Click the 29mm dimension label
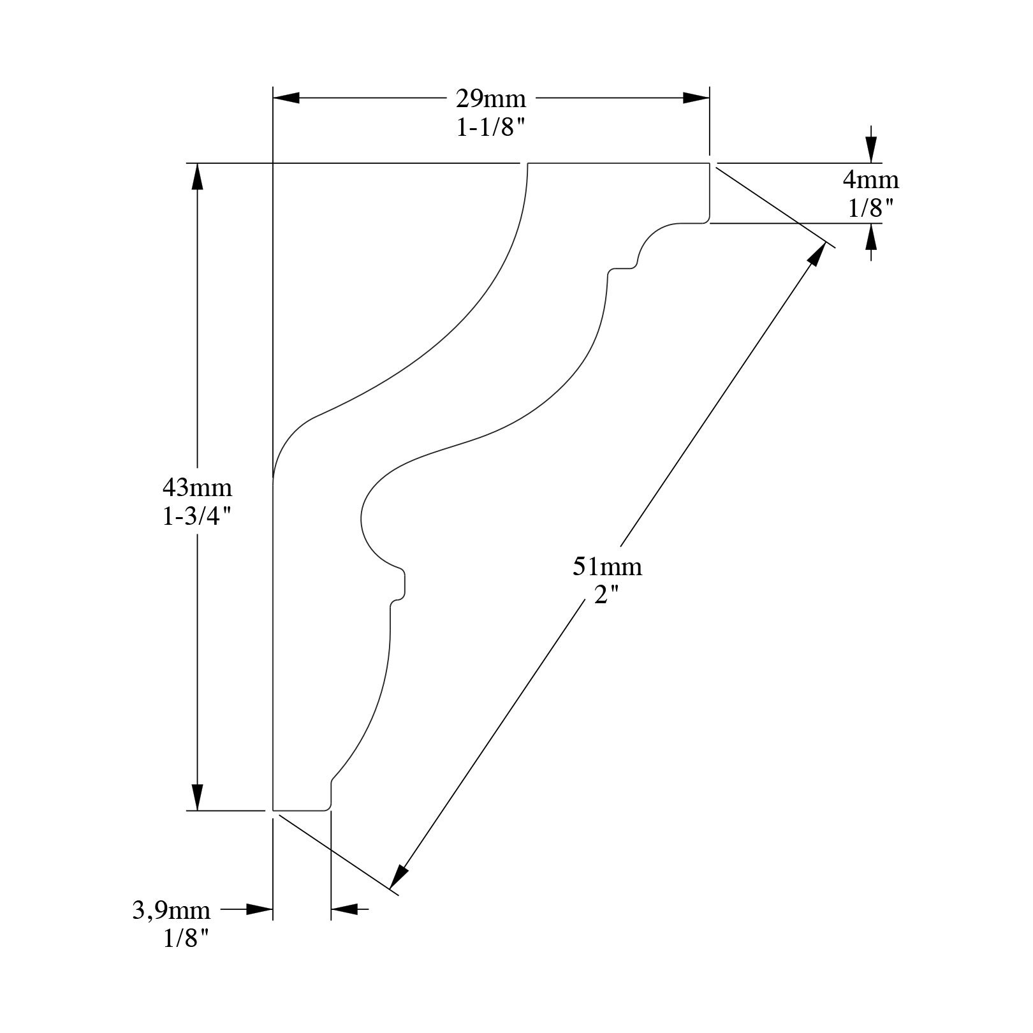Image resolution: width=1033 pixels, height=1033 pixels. point(490,99)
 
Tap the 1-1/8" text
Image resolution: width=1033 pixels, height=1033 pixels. point(490,128)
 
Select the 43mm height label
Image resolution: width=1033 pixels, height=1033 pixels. point(197,488)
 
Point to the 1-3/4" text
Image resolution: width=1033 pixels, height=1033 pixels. point(197,517)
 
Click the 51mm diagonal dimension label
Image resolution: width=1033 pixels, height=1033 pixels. point(607,566)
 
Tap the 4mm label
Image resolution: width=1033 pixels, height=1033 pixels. point(871,180)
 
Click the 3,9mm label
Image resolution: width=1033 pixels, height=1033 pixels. point(172,910)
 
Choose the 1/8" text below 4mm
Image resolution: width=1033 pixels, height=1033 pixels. point(871,209)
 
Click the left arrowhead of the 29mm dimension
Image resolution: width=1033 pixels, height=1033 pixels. point(286,98)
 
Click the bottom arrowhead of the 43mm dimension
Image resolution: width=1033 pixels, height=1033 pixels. point(198,798)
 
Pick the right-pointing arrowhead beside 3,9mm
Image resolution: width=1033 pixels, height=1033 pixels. point(260,909)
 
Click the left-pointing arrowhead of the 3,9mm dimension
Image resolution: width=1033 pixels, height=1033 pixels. point(344,909)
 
